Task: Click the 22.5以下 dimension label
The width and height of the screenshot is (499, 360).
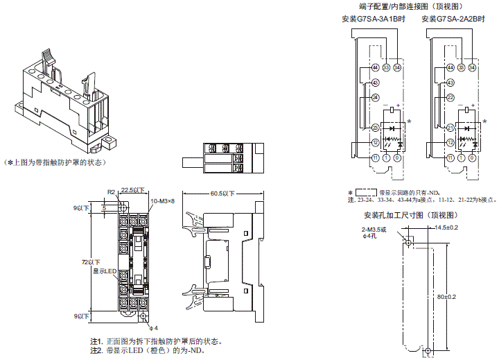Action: click(x=132, y=189)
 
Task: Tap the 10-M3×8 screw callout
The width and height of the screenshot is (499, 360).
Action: click(x=163, y=200)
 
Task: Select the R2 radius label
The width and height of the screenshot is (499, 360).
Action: click(x=111, y=191)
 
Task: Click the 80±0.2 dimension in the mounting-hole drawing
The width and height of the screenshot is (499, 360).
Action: click(x=451, y=297)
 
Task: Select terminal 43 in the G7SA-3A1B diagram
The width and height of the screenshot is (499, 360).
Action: click(x=374, y=83)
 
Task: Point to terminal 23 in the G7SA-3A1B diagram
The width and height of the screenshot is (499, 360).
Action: click(x=374, y=128)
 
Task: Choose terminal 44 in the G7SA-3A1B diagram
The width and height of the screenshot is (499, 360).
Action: click(x=374, y=67)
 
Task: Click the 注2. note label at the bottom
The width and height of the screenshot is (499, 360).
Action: click(x=96, y=352)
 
